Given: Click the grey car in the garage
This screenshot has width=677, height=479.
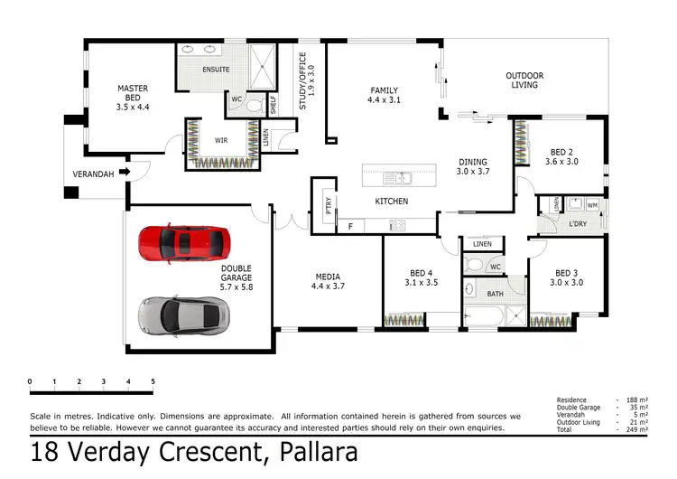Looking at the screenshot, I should pos(184,313).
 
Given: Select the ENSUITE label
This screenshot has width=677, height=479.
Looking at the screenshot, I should pos(217,69).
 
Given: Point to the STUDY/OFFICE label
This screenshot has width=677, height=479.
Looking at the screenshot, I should pos(307,80).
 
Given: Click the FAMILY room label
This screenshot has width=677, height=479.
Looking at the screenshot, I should pos(384,95).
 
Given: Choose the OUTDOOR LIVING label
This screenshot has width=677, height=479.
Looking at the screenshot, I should pos(524,80).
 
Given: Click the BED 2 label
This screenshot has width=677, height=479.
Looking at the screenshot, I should pos(561,156).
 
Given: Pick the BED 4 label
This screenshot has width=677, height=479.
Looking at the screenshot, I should pos(422,277).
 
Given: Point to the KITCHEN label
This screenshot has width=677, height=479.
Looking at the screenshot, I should pos(392,201).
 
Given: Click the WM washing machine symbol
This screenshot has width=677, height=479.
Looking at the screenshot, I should pos(592,205).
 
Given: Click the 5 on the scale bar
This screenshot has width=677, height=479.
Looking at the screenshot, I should pos(153,381).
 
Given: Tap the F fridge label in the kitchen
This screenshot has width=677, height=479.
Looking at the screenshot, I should pos(350,226).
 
